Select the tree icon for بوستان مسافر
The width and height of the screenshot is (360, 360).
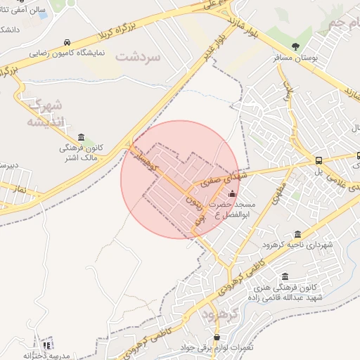(295, 46)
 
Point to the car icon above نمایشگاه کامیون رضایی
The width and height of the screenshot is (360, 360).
(66, 41)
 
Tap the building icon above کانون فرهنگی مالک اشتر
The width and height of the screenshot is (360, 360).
(82, 137)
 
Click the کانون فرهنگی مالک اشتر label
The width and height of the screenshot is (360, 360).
(81, 154)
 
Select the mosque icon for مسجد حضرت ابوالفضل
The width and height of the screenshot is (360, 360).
(233, 193)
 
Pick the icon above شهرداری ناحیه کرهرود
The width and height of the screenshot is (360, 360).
(298, 233)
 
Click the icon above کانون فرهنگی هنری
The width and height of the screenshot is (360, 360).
(285, 276)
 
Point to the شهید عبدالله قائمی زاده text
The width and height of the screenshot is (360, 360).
(285, 298)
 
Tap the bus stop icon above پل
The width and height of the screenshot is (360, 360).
(320, 160)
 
